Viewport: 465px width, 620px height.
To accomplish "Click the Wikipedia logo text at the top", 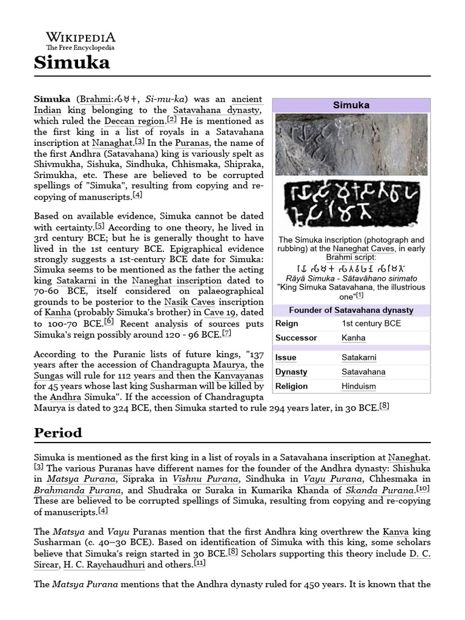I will [x=81, y=37].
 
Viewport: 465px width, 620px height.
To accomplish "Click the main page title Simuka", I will [x=71, y=62].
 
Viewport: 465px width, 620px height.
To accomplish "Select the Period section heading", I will [x=58, y=434].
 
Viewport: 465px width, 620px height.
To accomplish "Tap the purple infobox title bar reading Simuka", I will [x=351, y=105].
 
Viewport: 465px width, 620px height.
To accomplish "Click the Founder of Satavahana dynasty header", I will [x=351, y=310].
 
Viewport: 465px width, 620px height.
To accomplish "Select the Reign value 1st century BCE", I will [x=371, y=324].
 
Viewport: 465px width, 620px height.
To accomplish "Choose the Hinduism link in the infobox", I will [x=358, y=386].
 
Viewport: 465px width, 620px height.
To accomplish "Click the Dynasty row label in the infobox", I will [x=291, y=372].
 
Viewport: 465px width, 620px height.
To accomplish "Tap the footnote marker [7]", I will [x=226, y=332].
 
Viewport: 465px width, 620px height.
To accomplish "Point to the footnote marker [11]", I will [x=200, y=562].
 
